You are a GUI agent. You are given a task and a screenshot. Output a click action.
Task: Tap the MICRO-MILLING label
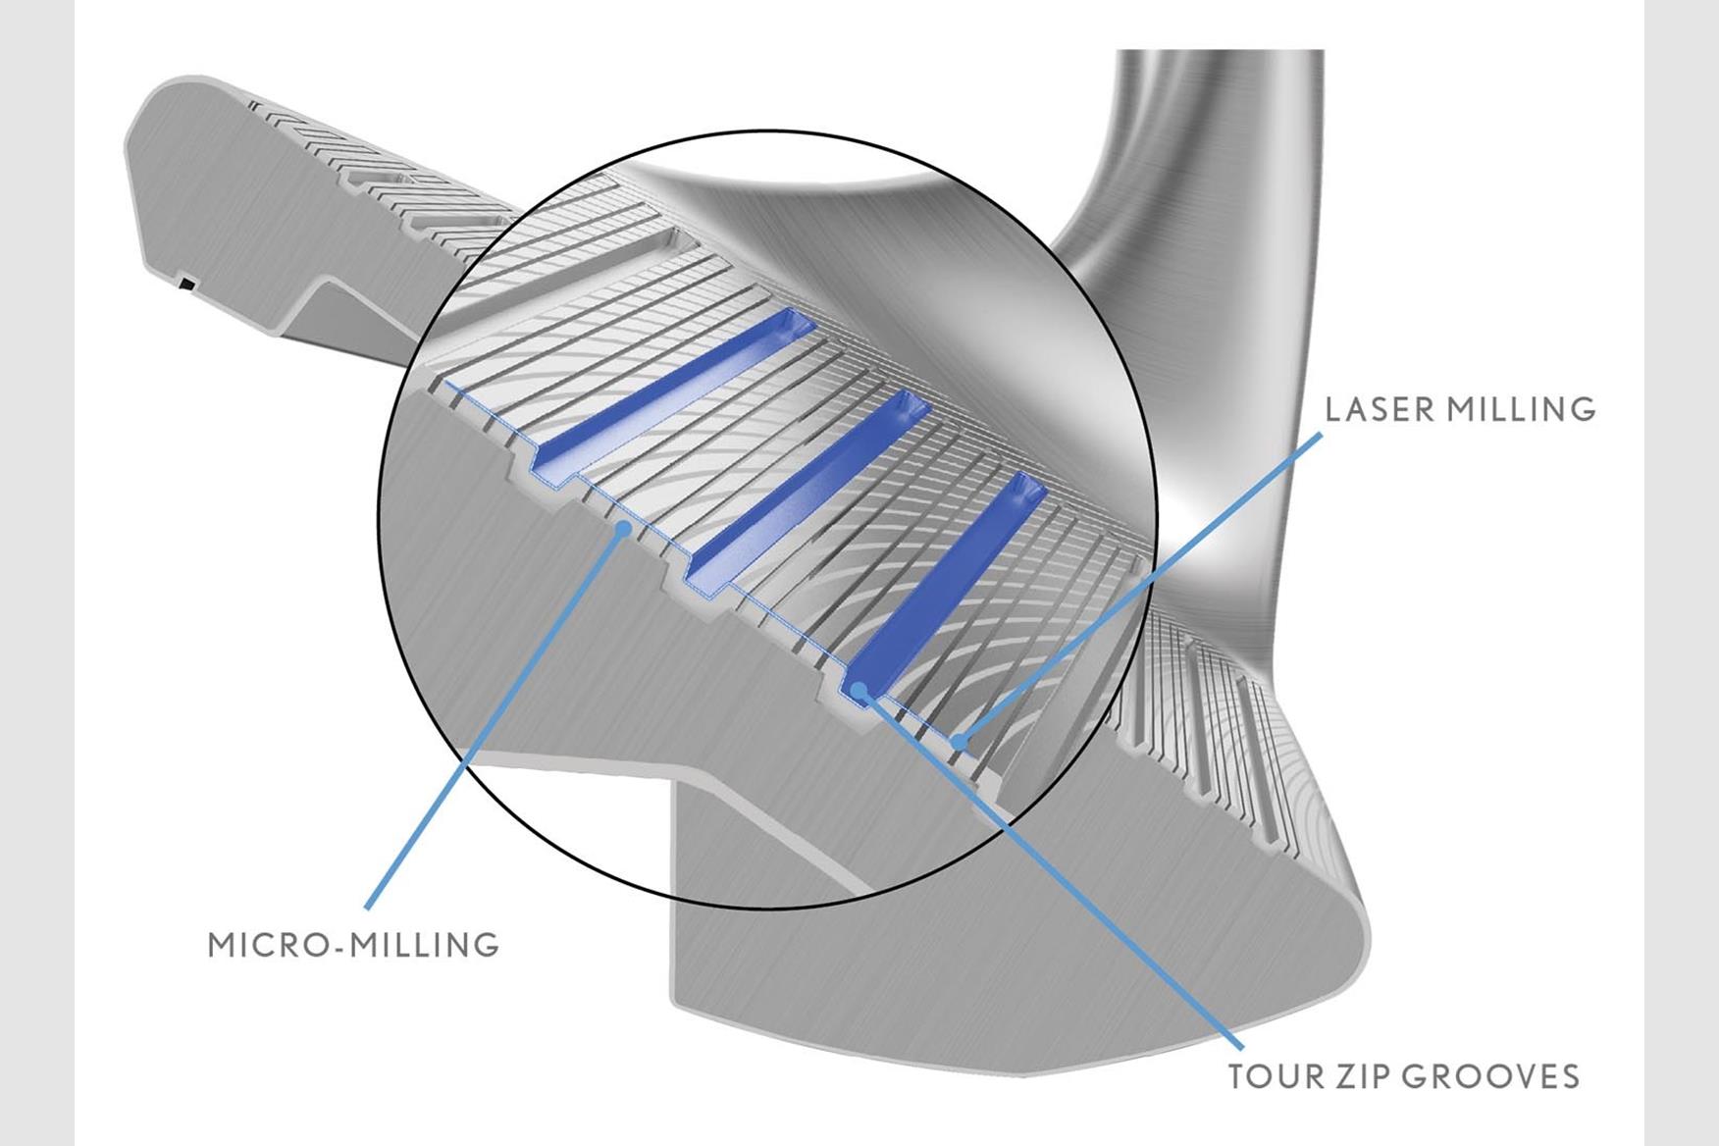(354, 945)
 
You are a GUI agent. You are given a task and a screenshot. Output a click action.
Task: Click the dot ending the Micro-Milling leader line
(622, 529)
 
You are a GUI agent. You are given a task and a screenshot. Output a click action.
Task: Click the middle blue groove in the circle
(814, 486)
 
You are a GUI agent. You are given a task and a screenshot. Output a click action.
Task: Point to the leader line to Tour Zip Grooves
(1060, 883)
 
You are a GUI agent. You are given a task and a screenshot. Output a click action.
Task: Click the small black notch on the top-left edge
(185, 286)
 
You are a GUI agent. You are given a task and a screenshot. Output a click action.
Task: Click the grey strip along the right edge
(1681, 573)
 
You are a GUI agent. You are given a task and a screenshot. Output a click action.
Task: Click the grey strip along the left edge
(37, 573)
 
